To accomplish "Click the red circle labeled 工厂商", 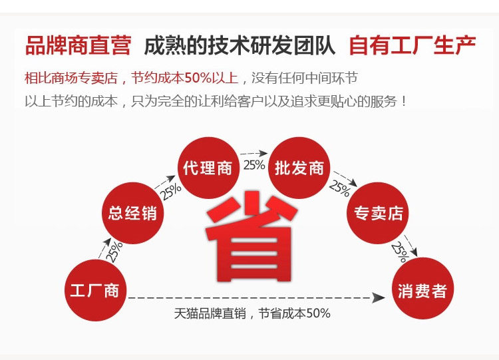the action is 94,291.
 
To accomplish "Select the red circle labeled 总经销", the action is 132,213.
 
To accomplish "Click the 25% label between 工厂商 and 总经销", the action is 114,250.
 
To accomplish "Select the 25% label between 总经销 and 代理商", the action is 170,192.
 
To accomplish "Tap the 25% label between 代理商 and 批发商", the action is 253,164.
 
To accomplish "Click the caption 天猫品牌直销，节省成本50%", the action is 252,313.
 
